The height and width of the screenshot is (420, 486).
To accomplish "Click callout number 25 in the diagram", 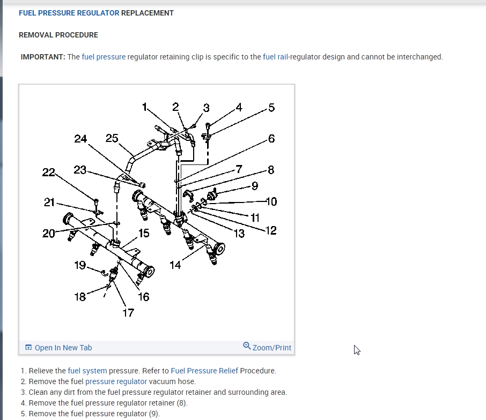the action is pyautogui.click(x=112, y=138).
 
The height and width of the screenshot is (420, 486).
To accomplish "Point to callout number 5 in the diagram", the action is pyautogui.click(x=271, y=108).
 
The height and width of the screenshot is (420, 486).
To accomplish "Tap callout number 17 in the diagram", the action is pyautogui.click(x=128, y=313).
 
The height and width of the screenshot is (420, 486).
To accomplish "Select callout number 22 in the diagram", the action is pyautogui.click(x=48, y=172).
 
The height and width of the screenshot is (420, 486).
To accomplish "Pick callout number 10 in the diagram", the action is pyautogui.click(x=271, y=201).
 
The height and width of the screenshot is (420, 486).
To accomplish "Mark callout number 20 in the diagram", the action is pyautogui.click(x=49, y=234).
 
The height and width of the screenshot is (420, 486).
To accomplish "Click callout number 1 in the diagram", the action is pyautogui.click(x=144, y=107).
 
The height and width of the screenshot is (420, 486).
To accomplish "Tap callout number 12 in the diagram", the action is pyautogui.click(x=271, y=231).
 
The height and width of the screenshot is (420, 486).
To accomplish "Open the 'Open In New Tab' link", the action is pyautogui.click(x=63, y=348).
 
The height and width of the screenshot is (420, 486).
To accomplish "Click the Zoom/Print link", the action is pyautogui.click(x=271, y=348).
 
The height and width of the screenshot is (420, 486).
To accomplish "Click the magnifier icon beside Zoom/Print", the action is pyautogui.click(x=247, y=346).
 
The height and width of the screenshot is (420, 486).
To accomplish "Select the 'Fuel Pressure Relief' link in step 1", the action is pyautogui.click(x=204, y=371).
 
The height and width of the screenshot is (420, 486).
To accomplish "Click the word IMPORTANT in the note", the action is pyautogui.click(x=43, y=57).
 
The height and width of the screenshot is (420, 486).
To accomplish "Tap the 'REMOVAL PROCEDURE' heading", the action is pyautogui.click(x=58, y=35).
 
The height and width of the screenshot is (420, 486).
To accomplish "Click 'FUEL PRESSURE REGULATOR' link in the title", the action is pyautogui.click(x=69, y=13).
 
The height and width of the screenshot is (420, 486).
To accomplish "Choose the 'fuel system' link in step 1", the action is pyautogui.click(x=87, y=371).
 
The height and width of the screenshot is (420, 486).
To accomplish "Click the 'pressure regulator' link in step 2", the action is pyautogui.click(x=116, y=381).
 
